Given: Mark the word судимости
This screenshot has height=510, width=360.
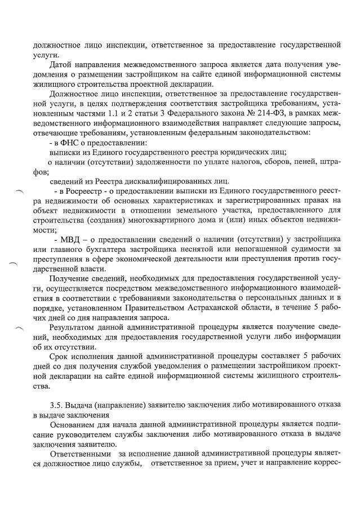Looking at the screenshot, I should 307,248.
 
